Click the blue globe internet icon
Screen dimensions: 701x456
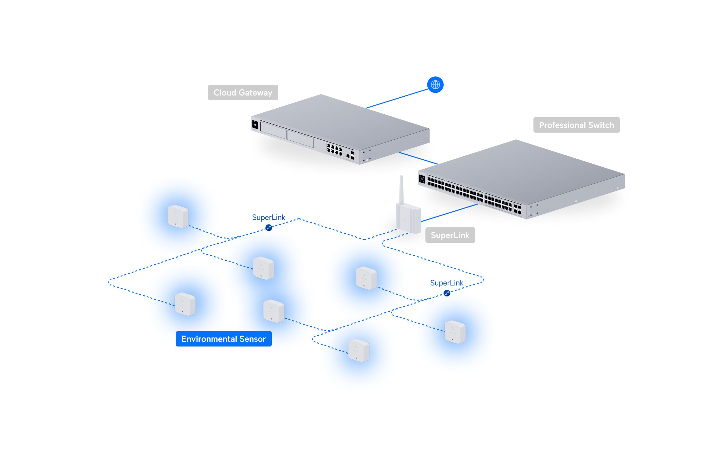click(435, 85)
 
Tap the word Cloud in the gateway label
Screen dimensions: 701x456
click(225, 92)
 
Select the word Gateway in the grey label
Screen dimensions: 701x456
click(255, 93)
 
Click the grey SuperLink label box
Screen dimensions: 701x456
click(450, 235)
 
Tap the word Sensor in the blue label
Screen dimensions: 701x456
click(253, 339)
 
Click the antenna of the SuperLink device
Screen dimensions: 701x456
click(401, 189)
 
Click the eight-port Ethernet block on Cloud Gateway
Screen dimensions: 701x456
click(334, 150)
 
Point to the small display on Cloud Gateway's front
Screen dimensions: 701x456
click(255, 124)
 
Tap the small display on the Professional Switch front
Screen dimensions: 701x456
click(422, 179)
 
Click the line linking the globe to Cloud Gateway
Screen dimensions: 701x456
click(397, 99)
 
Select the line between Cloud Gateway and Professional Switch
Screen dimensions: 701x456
click(418, 158)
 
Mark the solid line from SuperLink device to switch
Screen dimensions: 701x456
click(450, 213)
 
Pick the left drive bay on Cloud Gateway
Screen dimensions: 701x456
click(273, 130)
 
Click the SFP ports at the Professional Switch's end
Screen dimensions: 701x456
click(517, 209)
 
